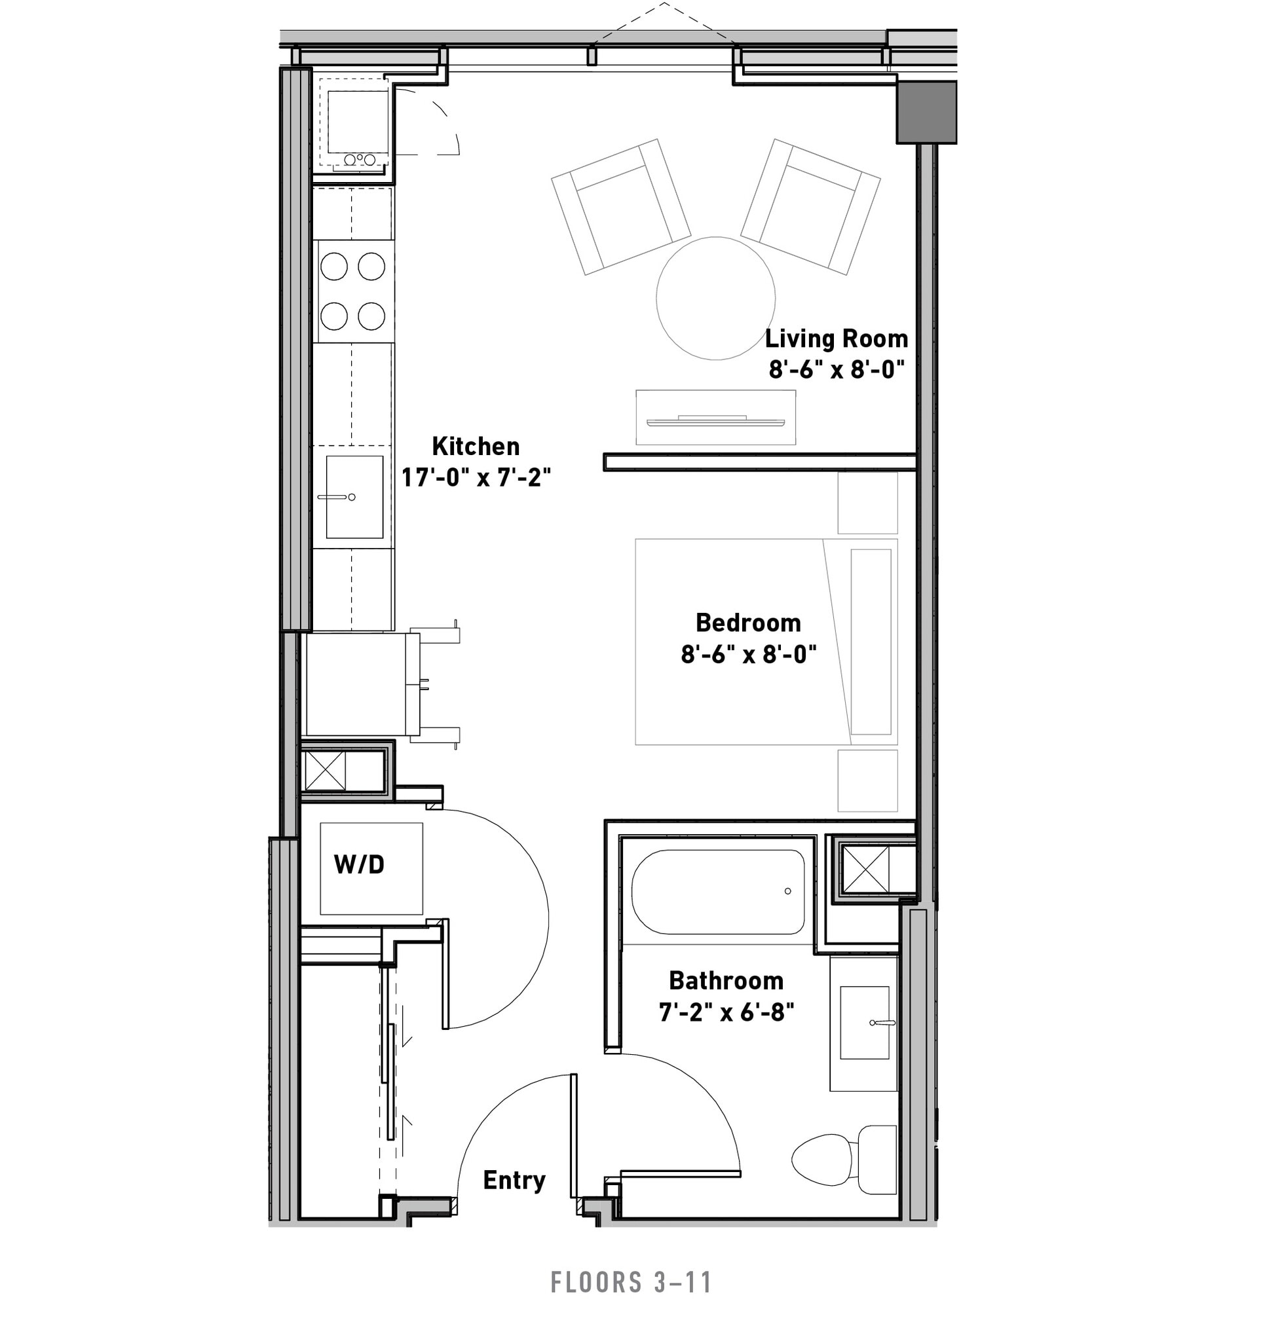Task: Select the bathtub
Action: [718, 891]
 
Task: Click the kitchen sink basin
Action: [354, 497]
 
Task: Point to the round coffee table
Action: [715, 297]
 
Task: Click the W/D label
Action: [359, 865]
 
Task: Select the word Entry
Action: [514, 1180]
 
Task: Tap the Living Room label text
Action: [836, 339]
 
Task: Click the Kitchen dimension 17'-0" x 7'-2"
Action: [476, 477]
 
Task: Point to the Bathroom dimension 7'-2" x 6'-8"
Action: [726, 1012]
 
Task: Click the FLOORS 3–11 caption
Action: [631, 1282]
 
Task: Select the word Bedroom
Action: [748, 623]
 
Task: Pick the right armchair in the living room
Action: [810, 206]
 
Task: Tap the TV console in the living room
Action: [715, 418]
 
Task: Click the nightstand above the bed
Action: [867, 504]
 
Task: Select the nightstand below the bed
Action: [867, 781]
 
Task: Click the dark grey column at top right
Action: [926, 112]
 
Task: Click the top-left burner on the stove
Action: [334, 266]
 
